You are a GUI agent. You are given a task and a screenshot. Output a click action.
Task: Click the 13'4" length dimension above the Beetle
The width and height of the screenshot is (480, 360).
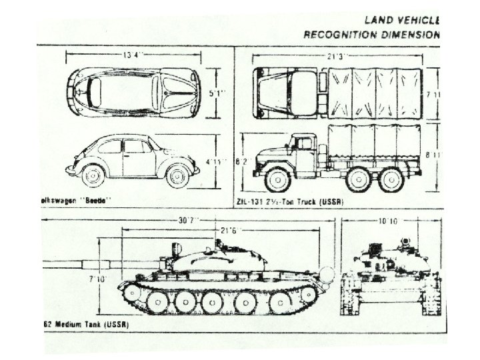pyautogui.click(x=131, y=55)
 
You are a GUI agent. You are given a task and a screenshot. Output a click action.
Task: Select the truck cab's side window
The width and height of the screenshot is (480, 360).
pyautogui.click(x=305, y=144)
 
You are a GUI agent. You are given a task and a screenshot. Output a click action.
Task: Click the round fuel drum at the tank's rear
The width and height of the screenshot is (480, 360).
pyautogui.click(x=326, y=274)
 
